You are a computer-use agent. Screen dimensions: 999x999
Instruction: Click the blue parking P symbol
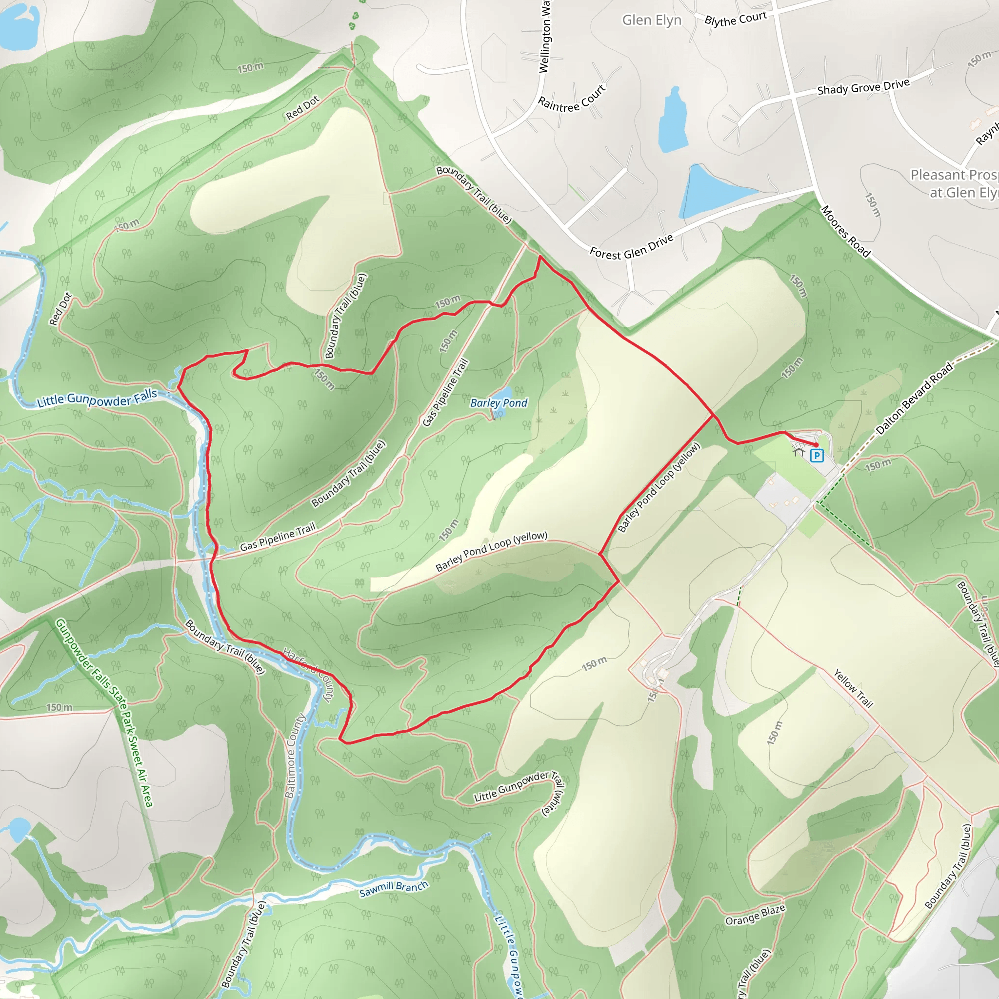[x=817, y=456]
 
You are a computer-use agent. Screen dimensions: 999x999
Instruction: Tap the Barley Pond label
[x=499, y=403]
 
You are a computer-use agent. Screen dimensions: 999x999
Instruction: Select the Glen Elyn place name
[x=652, y=20]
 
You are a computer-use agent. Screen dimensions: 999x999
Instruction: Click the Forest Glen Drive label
[x=631, y=246]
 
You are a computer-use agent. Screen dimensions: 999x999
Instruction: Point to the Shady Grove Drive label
[x=863, y=86]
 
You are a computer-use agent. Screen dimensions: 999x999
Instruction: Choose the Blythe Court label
[x=735, y=19]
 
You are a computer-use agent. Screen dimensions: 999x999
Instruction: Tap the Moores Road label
[x=845, y=231]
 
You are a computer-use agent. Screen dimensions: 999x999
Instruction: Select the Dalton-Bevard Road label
[x=914, y=398]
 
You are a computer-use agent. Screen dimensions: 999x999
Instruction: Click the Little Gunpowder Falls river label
[x=97, y=398]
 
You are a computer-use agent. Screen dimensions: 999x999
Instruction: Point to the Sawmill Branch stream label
[x=394, y=888]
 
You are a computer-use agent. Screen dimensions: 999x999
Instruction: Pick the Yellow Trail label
[x=853, y=688]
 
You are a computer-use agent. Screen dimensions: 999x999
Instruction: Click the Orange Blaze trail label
[x=755, y=915]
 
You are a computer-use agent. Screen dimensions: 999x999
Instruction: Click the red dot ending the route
[x=816, y=445]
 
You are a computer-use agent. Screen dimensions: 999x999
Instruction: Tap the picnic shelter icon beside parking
[x=799, y=452]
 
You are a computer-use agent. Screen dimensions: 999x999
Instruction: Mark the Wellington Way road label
[x=545, y=36]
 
